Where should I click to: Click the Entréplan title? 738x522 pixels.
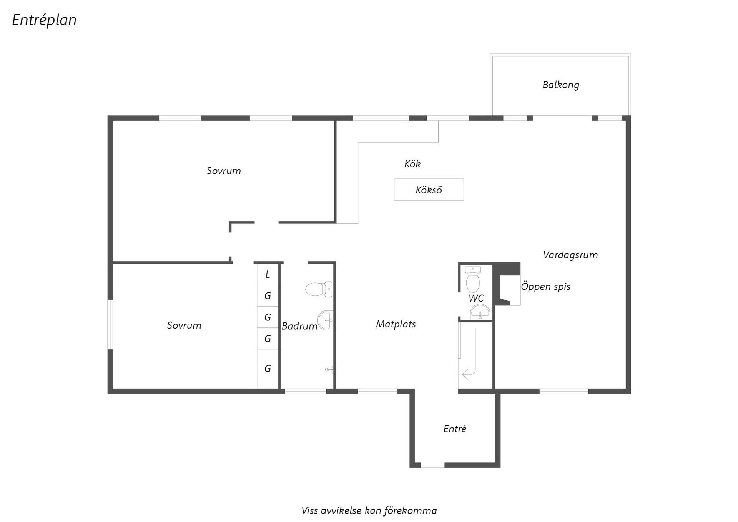[x=44, y=20]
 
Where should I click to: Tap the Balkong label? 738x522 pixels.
[x=560, y=85]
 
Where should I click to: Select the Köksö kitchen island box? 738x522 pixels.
[x=429, y=190]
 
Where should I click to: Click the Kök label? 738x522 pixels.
[x=412, y=164]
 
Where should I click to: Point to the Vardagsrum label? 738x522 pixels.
[x=570, y=255]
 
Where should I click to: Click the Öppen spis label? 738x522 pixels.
[x=545, y=287]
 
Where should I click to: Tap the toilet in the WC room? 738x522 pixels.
[x=473, y=279]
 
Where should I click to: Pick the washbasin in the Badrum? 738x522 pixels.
[x=326, y=320]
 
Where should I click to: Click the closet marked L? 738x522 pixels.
[x=268, y=274]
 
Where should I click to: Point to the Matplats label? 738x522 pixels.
[x=396, y=324]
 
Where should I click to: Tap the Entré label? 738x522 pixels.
[x=454, y=429]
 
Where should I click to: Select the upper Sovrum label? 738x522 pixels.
[x=224, y=171]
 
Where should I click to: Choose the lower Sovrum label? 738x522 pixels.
[x=184, y=325]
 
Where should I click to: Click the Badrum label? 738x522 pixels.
[x=299, y=326]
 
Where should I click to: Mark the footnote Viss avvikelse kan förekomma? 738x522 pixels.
[x=369, y=510]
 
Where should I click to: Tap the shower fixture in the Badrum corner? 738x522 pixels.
[x=329, y=370]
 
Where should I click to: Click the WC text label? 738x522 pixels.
[x=476, y=298]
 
